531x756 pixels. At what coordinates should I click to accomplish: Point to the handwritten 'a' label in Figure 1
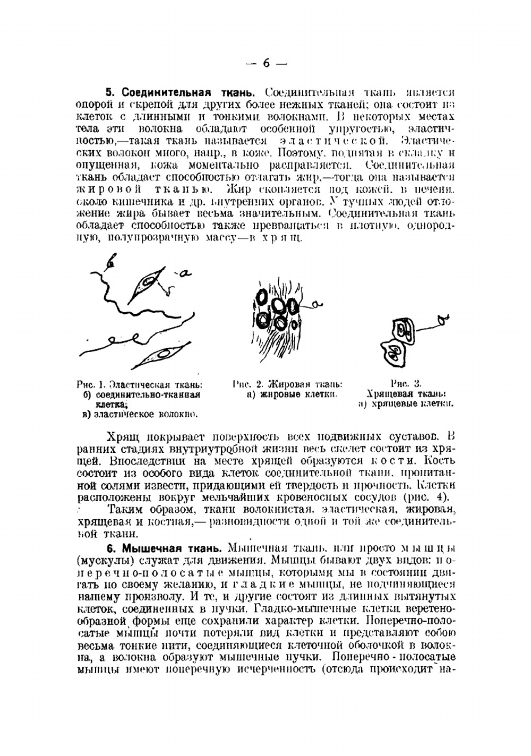click(x=184, y=274)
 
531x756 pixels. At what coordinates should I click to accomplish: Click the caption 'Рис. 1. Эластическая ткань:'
click(x=139, y=385)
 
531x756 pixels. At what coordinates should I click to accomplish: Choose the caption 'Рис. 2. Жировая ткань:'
click(x=288, y=384)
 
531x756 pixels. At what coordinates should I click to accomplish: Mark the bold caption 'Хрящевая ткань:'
click(x=406, y=394)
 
